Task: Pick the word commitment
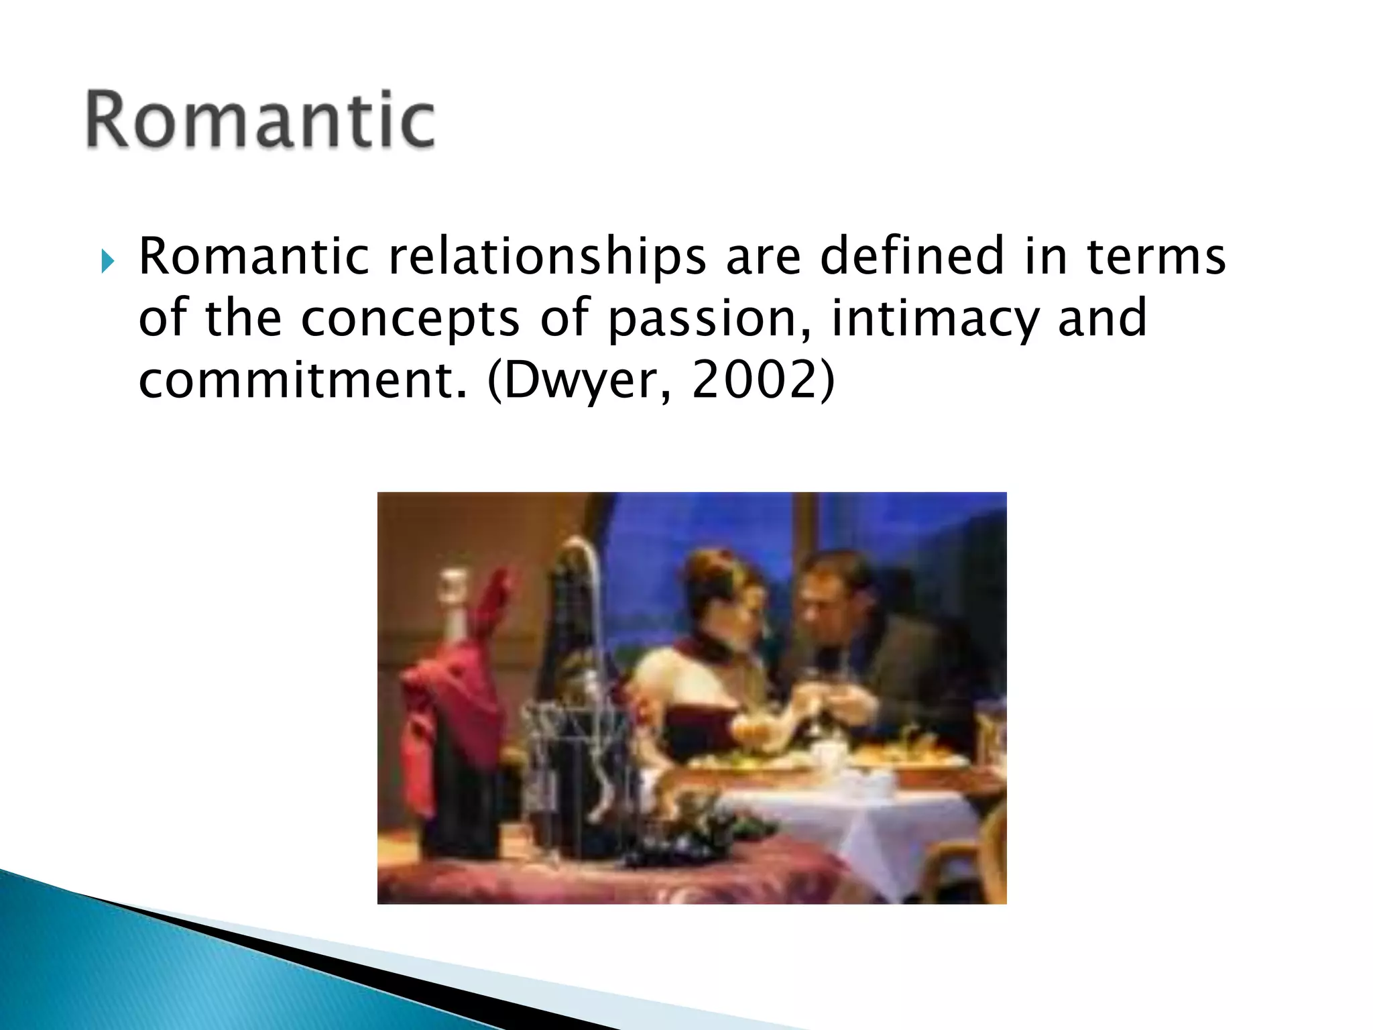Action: coord(302,380)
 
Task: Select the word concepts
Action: coord(410,320)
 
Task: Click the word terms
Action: coord(1156,257)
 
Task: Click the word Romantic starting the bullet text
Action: coord(253,257)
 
